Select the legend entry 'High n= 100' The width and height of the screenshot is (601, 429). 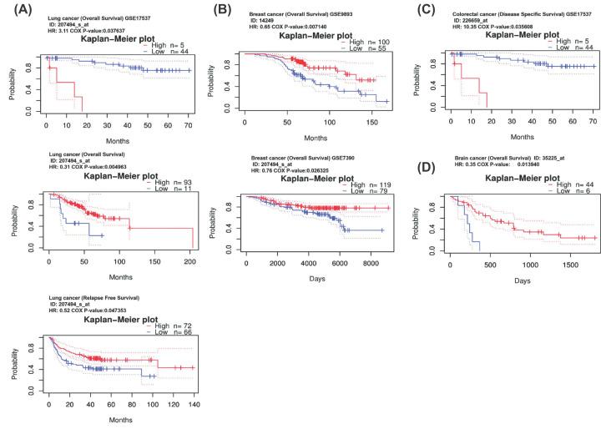[346, 41]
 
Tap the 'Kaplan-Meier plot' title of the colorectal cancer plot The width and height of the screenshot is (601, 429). [510, 35]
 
